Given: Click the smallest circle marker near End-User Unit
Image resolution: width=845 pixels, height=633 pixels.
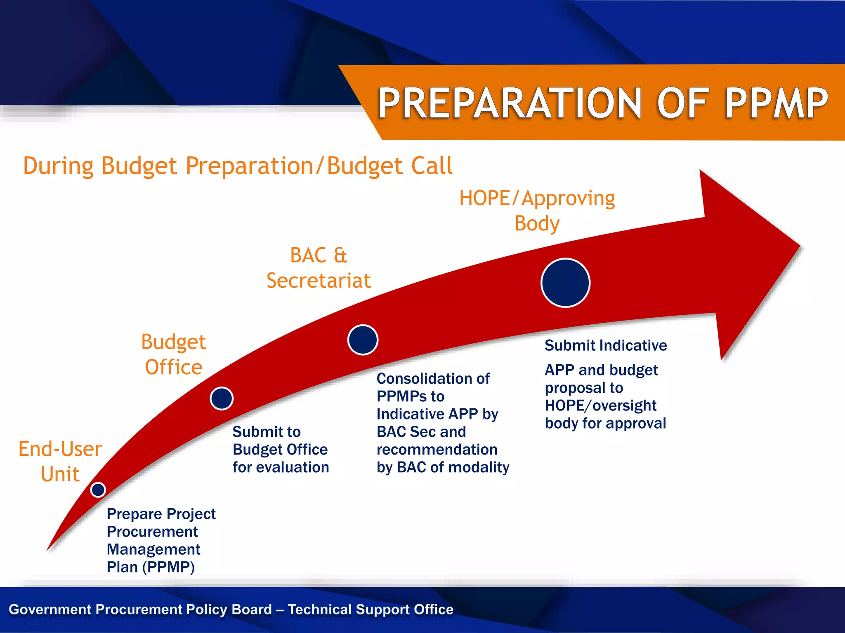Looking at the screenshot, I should pyautogui.click(x=98, y=490).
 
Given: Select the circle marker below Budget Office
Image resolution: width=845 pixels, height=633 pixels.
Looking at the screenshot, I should pyautogui.click(x=222, y=399).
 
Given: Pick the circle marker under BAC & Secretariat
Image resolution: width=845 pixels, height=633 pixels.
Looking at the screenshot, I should pyautogui.click(x=363, y=340).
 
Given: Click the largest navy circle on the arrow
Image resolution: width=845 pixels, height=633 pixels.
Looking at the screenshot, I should pyautogui.click(x=565, y=283).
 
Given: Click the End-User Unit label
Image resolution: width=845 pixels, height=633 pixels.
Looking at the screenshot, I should pyautogui.click(x=60, y=461).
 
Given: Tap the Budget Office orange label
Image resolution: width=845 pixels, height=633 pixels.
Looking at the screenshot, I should pyautogui.click(x=173, y=354).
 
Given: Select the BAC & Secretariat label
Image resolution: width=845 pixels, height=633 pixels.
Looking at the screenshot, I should pyautogui.click(x=319, y=268).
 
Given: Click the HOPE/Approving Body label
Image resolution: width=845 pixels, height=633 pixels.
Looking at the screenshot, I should pyautogui.click(x=537, y=211).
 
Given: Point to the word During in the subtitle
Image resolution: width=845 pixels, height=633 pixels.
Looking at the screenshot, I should pyautogui.click(x=58, y=166).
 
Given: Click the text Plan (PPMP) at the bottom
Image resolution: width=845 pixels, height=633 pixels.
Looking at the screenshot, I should pyautogui.click(x=151, y=567).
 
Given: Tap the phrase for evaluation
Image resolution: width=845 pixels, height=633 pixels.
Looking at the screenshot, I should pyautogui.click(x=281, y=467).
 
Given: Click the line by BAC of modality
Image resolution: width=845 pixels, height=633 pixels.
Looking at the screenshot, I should pyautogui.click(x=443, y=467).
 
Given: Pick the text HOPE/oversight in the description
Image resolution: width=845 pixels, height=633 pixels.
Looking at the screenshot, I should pyautogui.click(x=600, y=406).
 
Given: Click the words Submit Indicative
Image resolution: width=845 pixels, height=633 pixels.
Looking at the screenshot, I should pyautogui.click(x=605, y=345).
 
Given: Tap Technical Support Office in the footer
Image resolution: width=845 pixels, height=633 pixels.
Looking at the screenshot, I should pyautogui.click(x=371, y=609).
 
